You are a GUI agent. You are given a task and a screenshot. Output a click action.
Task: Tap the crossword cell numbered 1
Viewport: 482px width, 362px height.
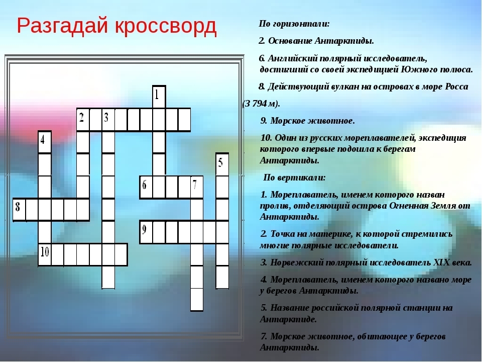[159, 97]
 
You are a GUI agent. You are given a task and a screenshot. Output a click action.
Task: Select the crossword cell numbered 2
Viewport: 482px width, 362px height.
[83, 120]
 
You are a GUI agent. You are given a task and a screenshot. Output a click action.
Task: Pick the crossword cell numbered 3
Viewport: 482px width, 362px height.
[108, 120]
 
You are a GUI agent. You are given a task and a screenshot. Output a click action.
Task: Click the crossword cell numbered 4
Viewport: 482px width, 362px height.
[45, 142]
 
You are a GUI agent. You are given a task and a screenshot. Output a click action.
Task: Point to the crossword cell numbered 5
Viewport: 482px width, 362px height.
[222, 164]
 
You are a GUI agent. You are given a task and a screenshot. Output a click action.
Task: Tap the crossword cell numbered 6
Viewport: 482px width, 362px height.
[146, 187]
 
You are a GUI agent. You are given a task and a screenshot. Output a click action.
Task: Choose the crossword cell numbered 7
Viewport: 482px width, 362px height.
[197, 187]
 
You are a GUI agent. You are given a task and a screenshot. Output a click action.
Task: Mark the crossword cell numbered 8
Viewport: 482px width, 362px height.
[20, 210]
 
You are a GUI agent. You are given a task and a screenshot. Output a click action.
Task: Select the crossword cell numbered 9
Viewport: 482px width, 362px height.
[146, 232]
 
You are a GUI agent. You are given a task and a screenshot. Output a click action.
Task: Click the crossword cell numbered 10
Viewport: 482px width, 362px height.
[45, 254]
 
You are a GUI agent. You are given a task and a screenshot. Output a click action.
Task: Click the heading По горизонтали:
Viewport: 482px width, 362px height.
[294, 24]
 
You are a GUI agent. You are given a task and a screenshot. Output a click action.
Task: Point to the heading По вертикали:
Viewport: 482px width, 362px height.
[295, 177]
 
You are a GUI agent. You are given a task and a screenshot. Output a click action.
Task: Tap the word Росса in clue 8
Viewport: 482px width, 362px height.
[456, 87]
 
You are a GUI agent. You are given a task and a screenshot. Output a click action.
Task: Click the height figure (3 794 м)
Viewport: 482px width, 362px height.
[261, 104]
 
